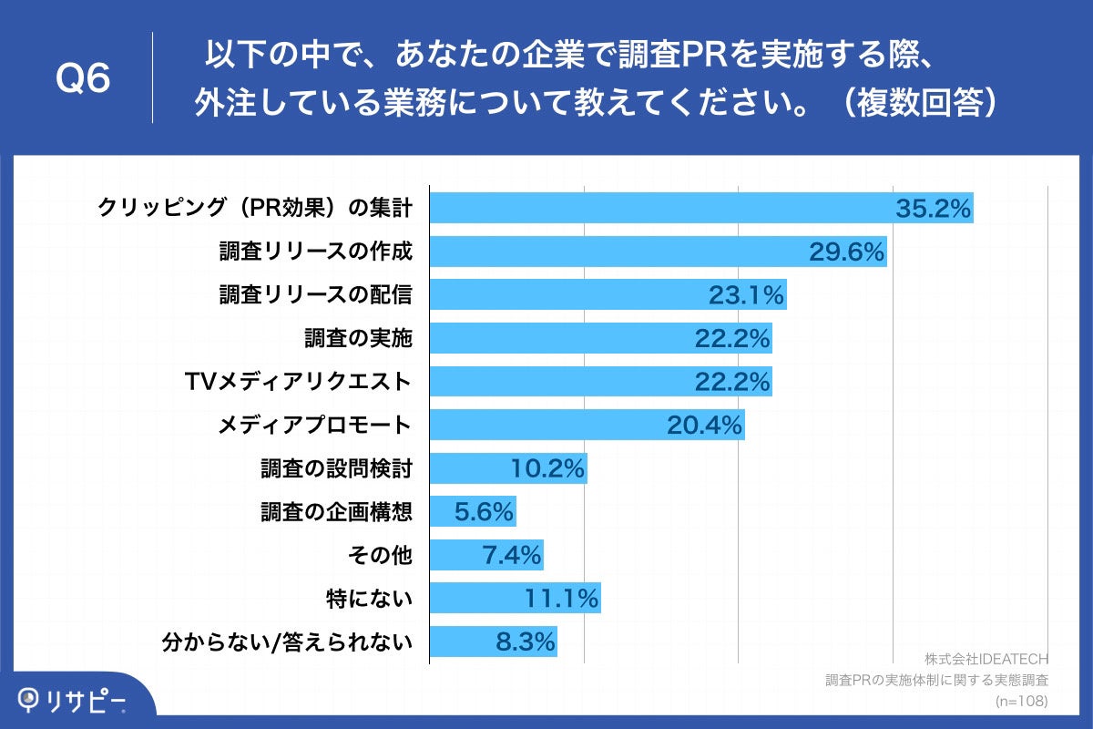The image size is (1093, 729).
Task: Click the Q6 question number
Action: pos(83,78)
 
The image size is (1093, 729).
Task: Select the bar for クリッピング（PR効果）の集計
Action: pos(656,208)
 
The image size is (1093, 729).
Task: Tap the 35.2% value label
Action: pos(934,209)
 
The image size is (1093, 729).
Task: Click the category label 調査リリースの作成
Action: pos(316,252)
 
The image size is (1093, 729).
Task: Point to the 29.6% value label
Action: pos(847,252)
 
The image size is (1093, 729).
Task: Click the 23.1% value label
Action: pos(746,294)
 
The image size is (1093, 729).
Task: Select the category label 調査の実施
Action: pos(358,338)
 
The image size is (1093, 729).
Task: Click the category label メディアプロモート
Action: pos(316,425)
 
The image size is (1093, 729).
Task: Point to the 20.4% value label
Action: pos(705,425)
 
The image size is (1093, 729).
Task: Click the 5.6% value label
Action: pos(485,511)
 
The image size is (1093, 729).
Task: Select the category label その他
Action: pos(379,554)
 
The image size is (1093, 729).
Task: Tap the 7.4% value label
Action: pos(512,554)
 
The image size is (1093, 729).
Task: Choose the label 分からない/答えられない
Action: pos(287,642)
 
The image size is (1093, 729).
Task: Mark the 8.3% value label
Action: pos(526,642)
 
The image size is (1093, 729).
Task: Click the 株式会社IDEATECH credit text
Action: pos(986,659)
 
